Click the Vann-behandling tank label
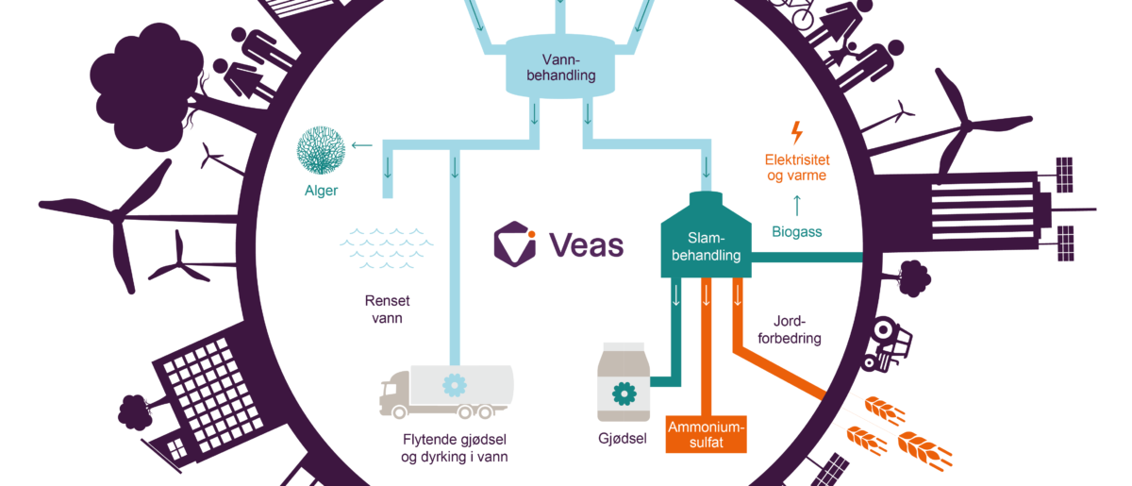(561, 68)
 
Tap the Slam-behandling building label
(706, 247)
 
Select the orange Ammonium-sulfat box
(706, 434)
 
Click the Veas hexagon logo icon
(515, 243)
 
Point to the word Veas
(587, 245)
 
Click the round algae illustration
(321, 150)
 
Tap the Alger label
(321, 191)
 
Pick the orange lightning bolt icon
(797, 132)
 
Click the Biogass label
(797, 232)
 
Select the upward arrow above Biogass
(797, 206)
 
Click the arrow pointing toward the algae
(362, 145)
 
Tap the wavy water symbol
(387, 248)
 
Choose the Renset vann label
(387, 309)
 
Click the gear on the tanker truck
(455, 385)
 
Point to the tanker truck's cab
(394, 390)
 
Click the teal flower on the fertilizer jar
(624, 394)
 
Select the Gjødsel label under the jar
(623, 439)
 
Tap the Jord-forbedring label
(790, 329)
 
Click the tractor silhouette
(887, 344)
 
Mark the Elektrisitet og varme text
(797, 167)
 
